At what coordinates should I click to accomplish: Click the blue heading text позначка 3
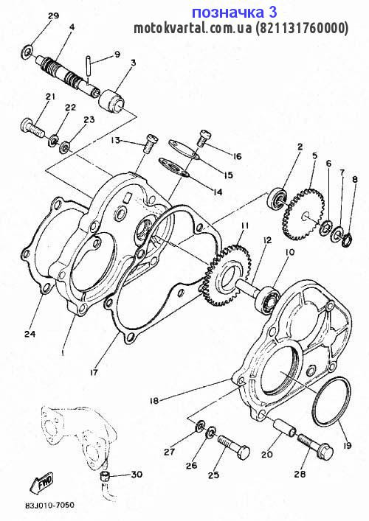(235, 13)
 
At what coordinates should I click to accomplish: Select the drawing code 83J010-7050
(49, 506)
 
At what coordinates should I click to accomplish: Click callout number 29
(53, 16)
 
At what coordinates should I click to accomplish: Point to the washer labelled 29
(27, 52)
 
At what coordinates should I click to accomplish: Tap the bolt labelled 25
(234, 447)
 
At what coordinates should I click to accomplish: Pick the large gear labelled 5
(301, 214)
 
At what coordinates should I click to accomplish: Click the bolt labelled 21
(34, 129)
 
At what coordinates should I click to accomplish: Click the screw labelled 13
(150, 143)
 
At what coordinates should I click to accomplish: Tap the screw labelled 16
(202, 138)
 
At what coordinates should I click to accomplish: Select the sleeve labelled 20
(285, 426)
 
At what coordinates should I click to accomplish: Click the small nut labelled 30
(105, 477)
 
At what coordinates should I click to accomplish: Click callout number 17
(94, 372)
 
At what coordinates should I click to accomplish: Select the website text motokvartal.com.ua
(193, 29)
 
